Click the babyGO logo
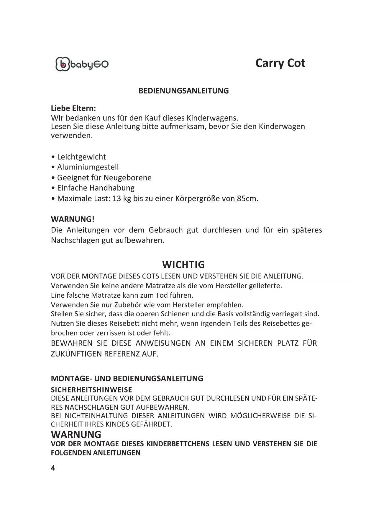click(82, 64)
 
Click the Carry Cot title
click(280, 63)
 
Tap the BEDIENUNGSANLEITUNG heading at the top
click(183, 91)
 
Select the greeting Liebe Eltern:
click(73, 108)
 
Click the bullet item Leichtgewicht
click(81, 157)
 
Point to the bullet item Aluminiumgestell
click(88, 167)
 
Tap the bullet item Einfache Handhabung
click(96, 188)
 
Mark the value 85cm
click(247, 198)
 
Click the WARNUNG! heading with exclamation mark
click(73, 219)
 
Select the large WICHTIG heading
click(183, 265)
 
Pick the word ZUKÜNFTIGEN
click(76, 354)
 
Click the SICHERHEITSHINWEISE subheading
click(91, 390)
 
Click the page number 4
click(53, 468)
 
